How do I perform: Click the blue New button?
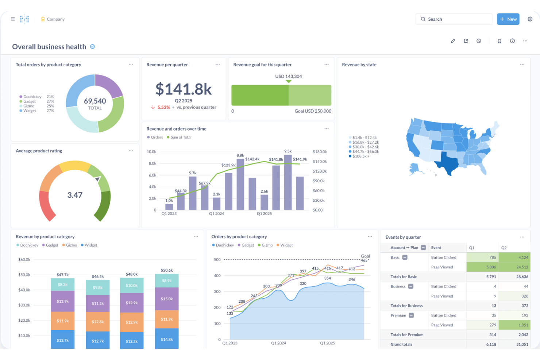(508, 19)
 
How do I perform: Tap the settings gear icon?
(530, 19)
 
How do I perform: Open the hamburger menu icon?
(13, 19)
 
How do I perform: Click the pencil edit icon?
(453, 41)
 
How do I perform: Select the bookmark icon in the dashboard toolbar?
(499, 41)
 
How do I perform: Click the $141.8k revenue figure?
(184, 89)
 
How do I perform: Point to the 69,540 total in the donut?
(95, 101)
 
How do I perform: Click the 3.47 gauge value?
(75, 195)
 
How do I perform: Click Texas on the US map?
(448, 163)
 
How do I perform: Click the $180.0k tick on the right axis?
(319, 152)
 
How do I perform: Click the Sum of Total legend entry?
(181, 137)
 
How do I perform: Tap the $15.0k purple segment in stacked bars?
(167, 299)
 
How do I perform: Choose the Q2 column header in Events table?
(504, 248)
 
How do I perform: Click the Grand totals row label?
(401, 344)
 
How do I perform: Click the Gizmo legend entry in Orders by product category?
(267, 245)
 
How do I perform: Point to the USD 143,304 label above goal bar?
(288, 76)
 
